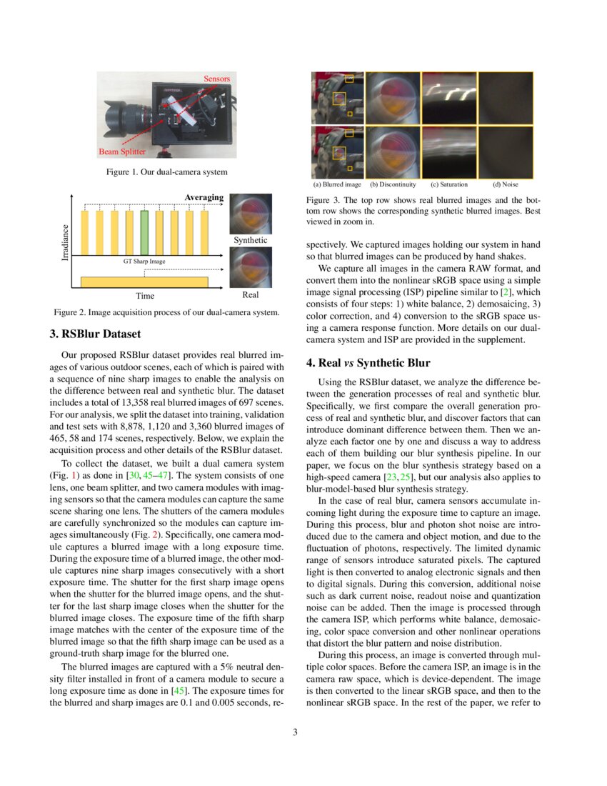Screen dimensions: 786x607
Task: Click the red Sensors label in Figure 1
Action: (x=216, y=78)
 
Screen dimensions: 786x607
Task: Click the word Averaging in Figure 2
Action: (x=204, y=197)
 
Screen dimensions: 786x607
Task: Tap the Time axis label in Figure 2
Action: (x=144, y=295)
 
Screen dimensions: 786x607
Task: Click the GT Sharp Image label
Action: (x=144, y=262)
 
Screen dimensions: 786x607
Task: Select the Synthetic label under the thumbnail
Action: (x=250, y=240)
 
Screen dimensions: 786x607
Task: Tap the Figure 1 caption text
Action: (x=166, y=171)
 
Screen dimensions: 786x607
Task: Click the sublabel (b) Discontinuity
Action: (x=392, y=184)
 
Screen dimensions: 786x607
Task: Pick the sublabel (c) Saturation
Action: (x=448, y=184)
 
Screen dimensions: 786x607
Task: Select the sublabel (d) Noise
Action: (x=506, y=184)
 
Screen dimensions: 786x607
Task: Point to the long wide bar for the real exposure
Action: (x=144, y=282)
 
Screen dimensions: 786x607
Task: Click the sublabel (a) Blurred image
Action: (x=337, y=184)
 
